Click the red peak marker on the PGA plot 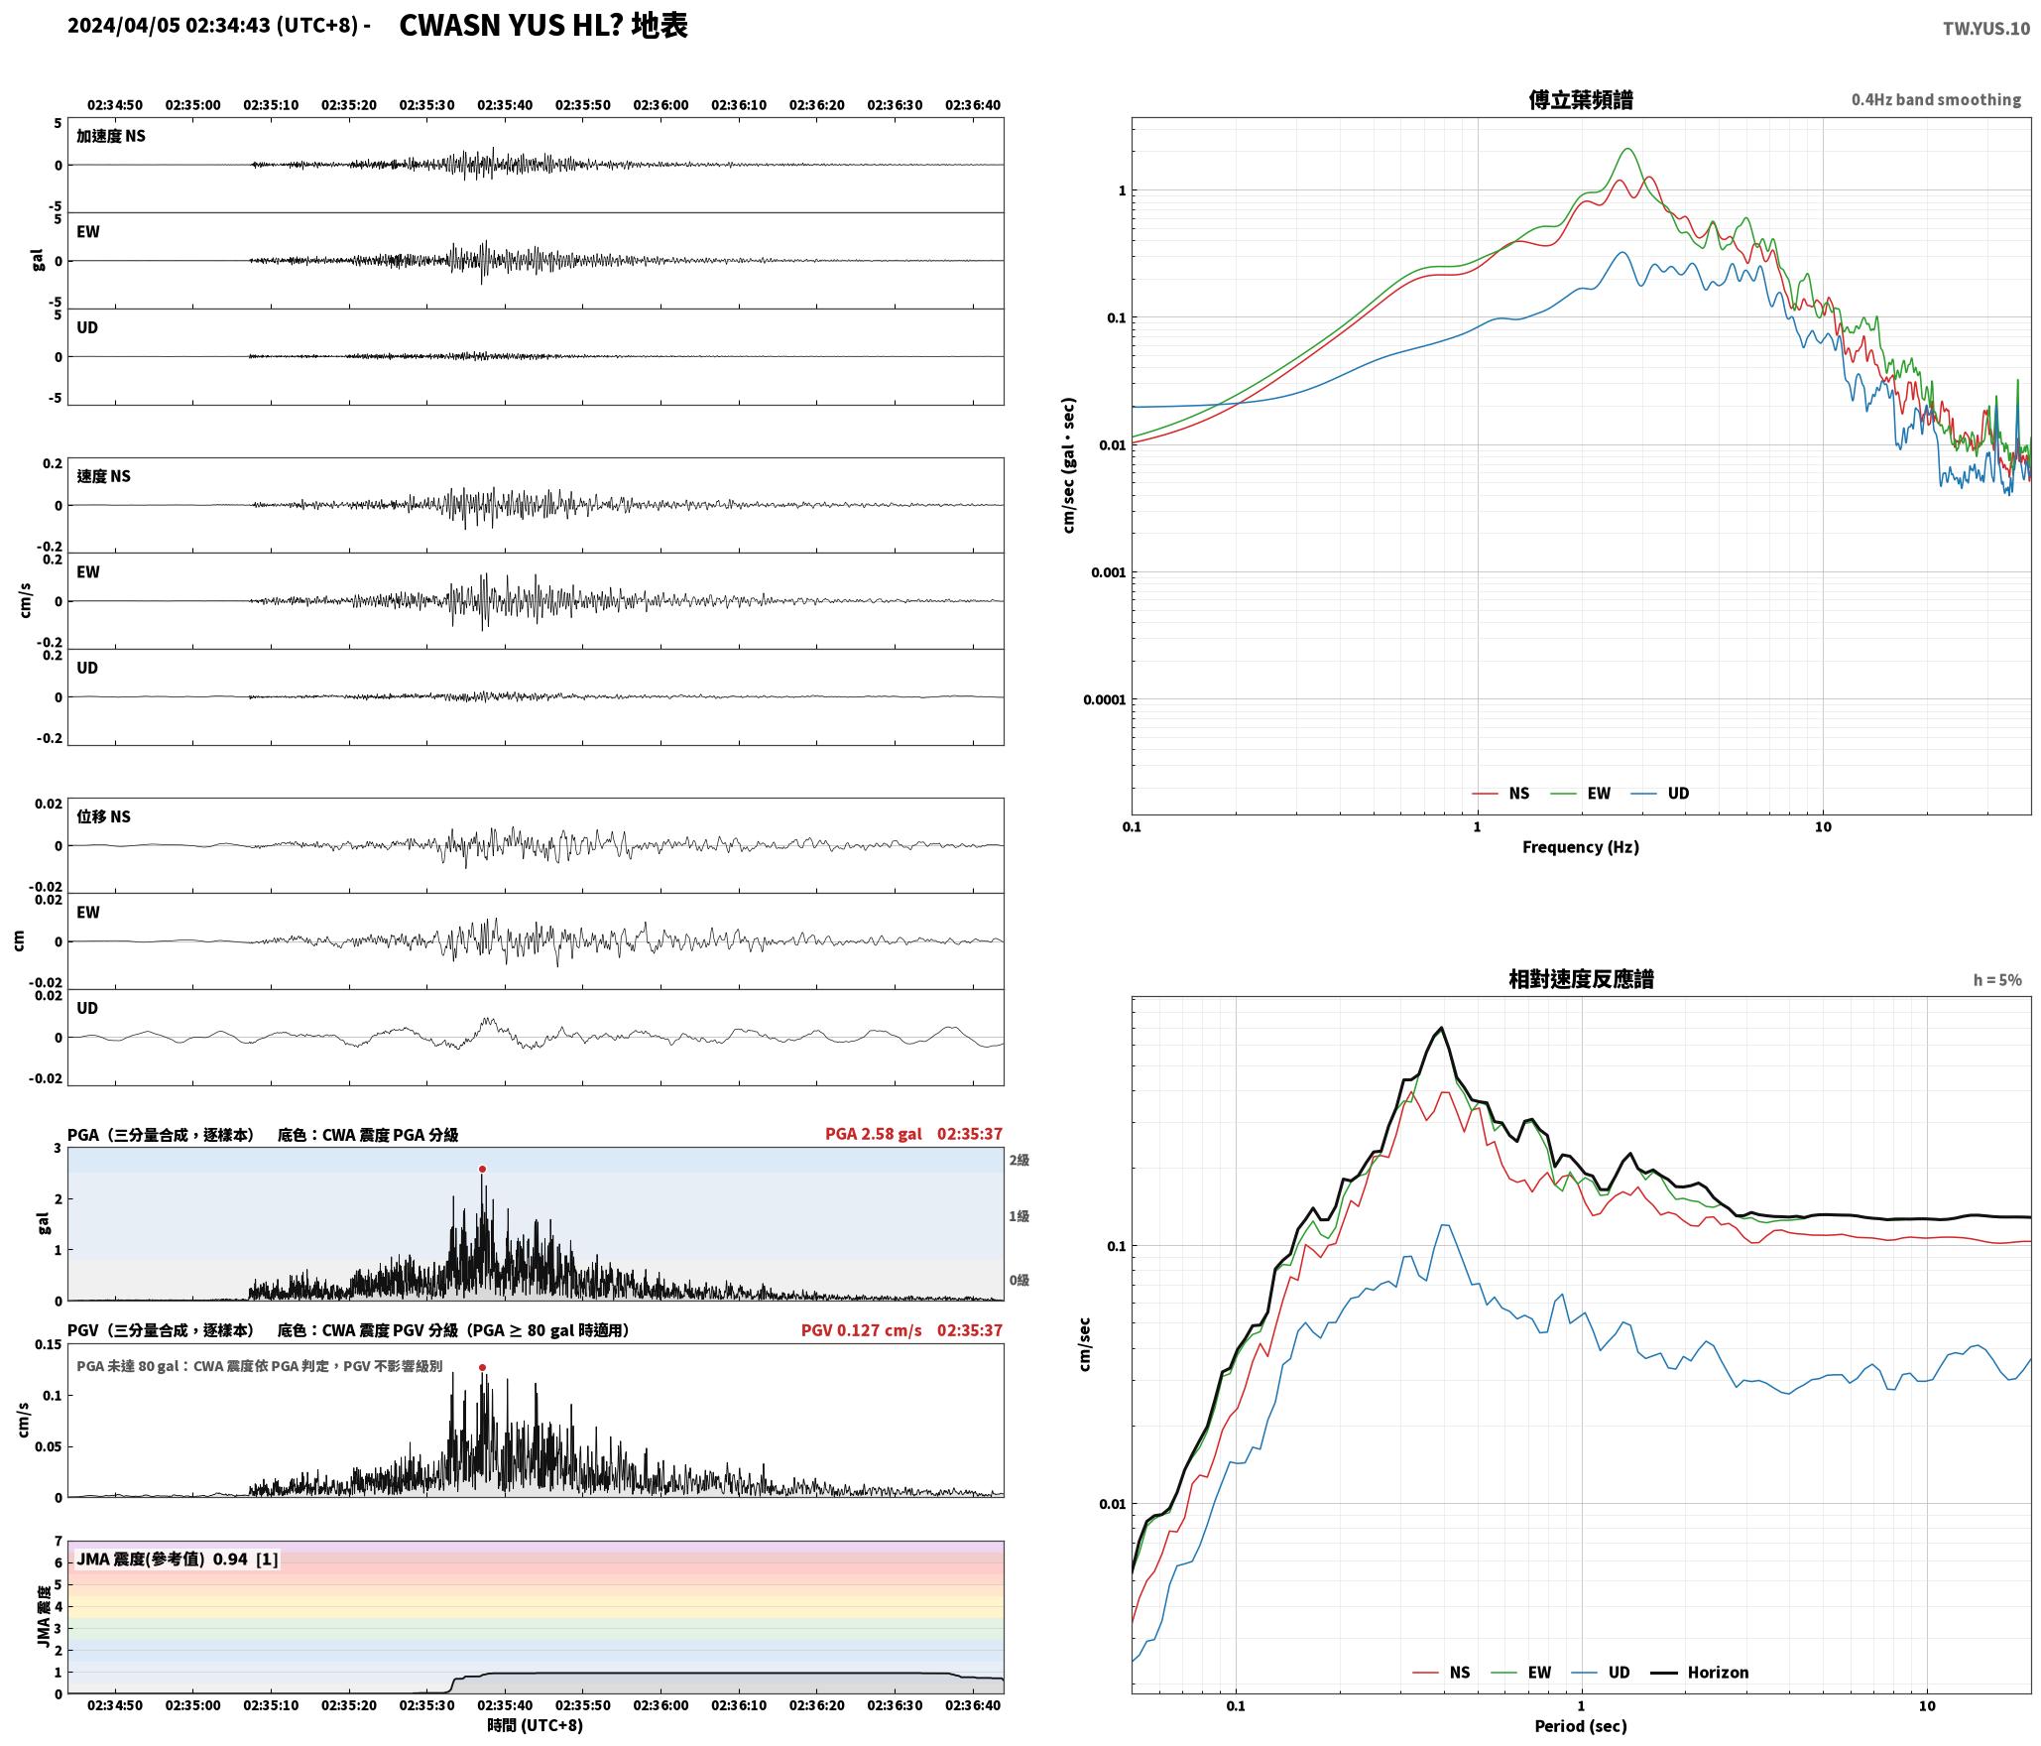(483, 1170)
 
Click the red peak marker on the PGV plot (483, 1368)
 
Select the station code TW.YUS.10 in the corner (1986, 29)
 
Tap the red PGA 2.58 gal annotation (873, 1134)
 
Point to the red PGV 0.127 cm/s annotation (861, 1330)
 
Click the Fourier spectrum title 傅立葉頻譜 (1581, 99)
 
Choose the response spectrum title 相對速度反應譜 (1581, 979)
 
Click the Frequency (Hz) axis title (1581, 847)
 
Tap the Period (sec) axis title (1581, 1726)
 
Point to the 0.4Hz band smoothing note (1936, 100)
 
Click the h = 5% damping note (1997, 980)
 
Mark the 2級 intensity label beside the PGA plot (1020, 1161)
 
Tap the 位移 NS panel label (104, 817)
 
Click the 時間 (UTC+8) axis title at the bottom (536, 1726)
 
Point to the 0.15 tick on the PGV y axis (49, 1345)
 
